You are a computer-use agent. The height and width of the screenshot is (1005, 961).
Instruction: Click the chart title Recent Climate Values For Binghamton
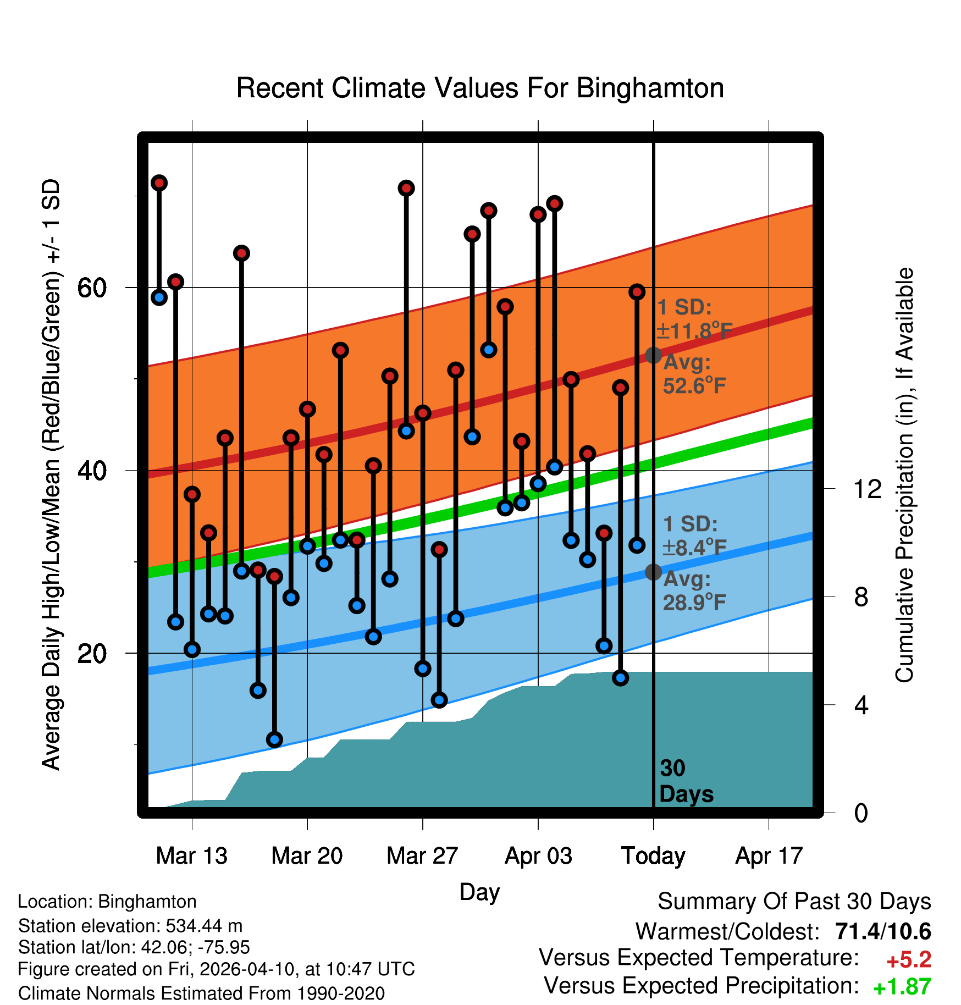tap(480, 89)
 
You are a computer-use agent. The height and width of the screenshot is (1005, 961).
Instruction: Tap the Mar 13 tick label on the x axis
tap(191, 856)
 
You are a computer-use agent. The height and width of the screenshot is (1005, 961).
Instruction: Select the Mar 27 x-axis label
tap(422, 856)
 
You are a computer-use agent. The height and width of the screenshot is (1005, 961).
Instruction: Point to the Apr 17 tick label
tap(769, 856)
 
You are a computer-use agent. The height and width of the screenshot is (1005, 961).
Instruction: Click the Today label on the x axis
tap(653, 856)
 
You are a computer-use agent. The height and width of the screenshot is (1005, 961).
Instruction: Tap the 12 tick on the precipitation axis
tap(868, 489)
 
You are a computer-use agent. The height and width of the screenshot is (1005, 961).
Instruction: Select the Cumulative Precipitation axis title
tap(904, 475)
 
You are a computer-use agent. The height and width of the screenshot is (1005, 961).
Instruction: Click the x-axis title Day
tap(479, 892)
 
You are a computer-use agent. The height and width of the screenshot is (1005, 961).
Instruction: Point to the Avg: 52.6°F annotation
tap(694, 374)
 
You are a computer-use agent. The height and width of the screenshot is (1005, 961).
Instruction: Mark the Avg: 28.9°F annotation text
tap(694, 591)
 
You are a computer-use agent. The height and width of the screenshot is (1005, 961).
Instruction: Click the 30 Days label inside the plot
tap(685, 781)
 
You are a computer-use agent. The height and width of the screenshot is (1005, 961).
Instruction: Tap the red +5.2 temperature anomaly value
tap(909, 960)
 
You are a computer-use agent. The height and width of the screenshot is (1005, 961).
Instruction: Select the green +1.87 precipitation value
tap(902, 987)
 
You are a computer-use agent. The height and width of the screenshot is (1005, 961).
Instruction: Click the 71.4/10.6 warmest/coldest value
tap(883, 931)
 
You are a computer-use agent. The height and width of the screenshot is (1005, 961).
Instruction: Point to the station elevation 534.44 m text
tap(130, 926)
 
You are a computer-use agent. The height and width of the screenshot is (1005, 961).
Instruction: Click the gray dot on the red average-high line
tap(653, 355)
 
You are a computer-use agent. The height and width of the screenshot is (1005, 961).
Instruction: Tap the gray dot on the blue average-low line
tap(653, 572)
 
